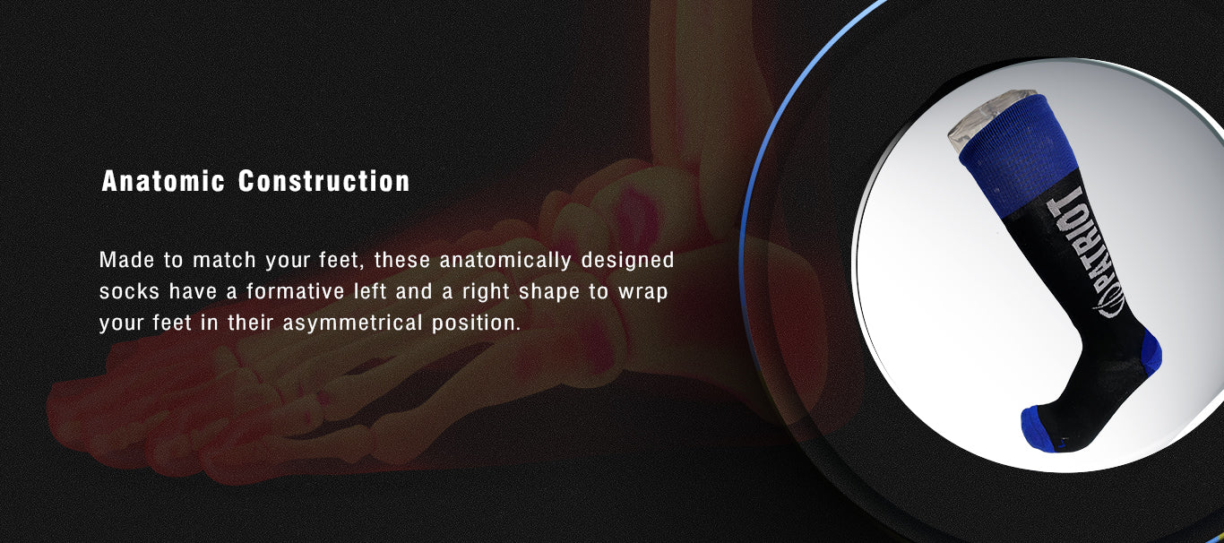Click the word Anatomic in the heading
[163, 181]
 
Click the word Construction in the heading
[324, 181]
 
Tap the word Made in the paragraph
[126, 260]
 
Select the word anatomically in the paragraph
[505, 261]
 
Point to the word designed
[628, 261]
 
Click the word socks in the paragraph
[130, 292]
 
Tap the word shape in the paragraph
[549, 293]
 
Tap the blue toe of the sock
[1039, 430]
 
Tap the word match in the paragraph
[225, 260]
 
